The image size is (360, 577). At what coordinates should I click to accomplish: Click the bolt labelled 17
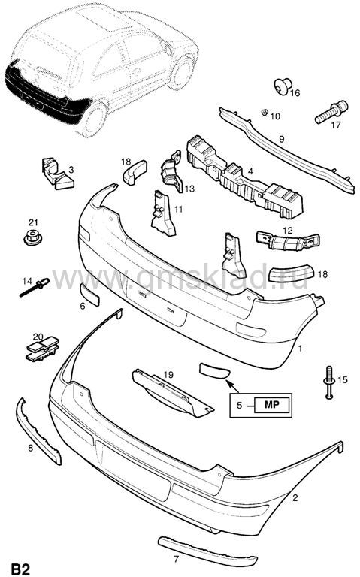click(x=331, y=112)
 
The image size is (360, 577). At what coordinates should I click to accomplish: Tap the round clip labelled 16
click(x=283, y=86)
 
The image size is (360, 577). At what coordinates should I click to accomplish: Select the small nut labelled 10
click(x=264, y=112)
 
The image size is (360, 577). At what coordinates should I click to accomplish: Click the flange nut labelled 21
click(x=32, y=237)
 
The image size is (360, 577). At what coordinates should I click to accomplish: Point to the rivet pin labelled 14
click(x=35, y=287)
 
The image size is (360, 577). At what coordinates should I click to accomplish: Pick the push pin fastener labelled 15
click(x=329, y=382)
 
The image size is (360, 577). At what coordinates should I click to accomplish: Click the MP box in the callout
click(x=271, y=405)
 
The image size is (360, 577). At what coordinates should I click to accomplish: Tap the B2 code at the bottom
click(x=20, y=569)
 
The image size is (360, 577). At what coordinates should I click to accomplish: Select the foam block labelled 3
click(x=57, y=173)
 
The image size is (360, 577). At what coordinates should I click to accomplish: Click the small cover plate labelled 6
click(x=90, y=295)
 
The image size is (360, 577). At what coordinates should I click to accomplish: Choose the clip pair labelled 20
click(x=42, y=348)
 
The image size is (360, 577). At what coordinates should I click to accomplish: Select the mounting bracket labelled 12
click(x=288, y=241)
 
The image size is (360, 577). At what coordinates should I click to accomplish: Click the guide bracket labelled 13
click(x=172, y=171)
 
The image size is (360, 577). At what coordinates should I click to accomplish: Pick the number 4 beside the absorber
click(x=250, y=171)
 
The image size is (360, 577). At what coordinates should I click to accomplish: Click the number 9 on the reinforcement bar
click(x=282, y=139)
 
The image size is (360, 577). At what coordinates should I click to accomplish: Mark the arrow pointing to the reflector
click(x=232, y=386)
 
